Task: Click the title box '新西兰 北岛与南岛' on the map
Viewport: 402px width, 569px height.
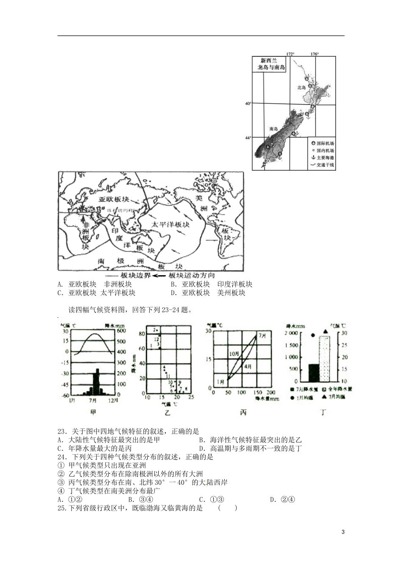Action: point(271,64)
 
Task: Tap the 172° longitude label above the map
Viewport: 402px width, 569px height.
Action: point(290,54)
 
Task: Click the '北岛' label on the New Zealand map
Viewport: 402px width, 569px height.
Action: point(301,88)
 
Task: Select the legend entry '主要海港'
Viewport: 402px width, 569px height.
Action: point(325,158)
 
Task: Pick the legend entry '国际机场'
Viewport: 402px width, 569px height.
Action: point(325,144)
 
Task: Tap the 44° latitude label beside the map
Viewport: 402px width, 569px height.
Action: point(248,137)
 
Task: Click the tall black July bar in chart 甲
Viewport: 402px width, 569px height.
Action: point(97,381)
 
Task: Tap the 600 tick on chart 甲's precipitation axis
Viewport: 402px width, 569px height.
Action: point(121,331)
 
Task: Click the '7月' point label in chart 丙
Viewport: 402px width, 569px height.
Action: point(263,335)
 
